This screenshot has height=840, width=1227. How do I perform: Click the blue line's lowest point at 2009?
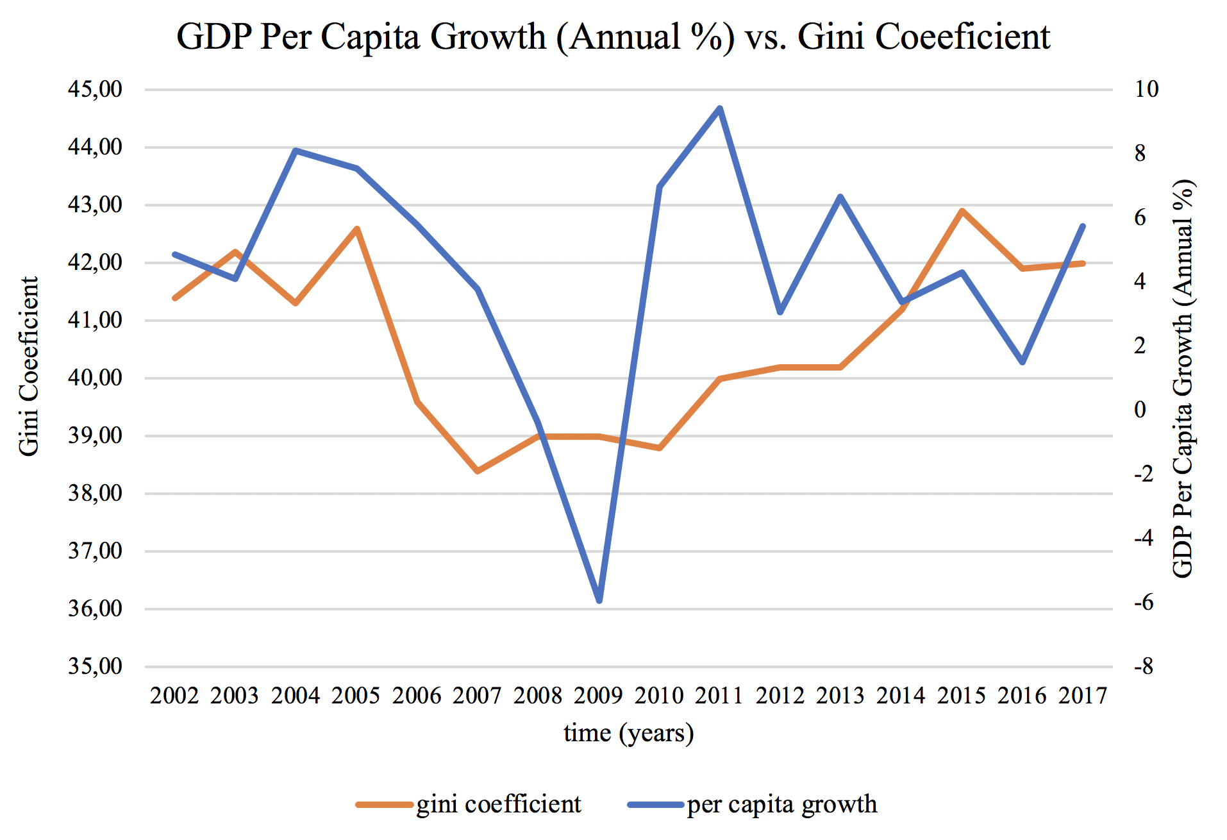tap(599, 600)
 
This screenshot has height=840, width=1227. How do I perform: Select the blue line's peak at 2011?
tap(720, 108)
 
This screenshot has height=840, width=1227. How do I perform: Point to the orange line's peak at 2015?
tap(962, 211)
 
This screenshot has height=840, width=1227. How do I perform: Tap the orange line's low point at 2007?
tap(478, 471)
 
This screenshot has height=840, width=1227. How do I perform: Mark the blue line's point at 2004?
tap(296, 151)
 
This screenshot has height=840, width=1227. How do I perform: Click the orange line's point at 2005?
tap(357, 229)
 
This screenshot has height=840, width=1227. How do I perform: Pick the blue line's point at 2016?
tap(1022, 362)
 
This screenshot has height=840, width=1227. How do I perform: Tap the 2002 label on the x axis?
tap(174, 696)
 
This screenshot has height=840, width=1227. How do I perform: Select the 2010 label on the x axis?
tap(659, 696)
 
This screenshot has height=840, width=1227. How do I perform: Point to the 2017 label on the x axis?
tap(1083, 696)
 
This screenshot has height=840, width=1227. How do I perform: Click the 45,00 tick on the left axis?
tap(95, 89)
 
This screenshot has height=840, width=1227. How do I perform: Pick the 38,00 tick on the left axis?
tap(95, 493)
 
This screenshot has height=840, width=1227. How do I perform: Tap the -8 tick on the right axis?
tap(1143, 666)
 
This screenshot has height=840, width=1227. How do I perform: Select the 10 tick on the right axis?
tap(1146, 89)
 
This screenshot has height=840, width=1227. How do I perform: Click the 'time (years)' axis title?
tap(629, 733)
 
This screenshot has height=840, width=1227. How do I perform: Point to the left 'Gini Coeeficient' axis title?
tap(29, 366)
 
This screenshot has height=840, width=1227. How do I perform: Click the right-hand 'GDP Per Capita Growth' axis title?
tap(1183, 378)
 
